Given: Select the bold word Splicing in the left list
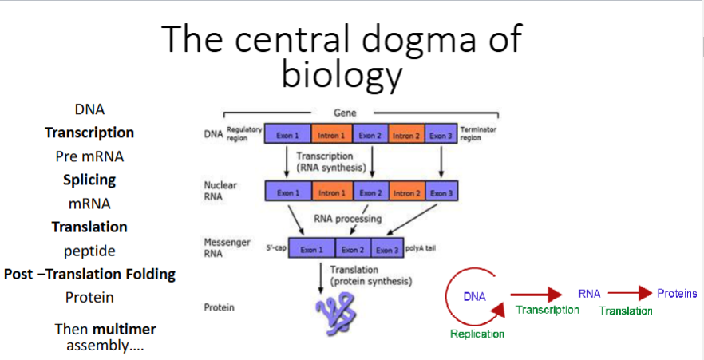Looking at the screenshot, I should point(89,180).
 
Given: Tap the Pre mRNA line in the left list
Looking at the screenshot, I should point(89,156).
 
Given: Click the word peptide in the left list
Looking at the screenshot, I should point(89,251).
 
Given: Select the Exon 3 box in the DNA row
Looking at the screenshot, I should point(441,136).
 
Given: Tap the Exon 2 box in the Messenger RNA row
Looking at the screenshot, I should point(352,250).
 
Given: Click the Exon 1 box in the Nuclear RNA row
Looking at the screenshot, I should point(288,192).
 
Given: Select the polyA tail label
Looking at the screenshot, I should point(421,249).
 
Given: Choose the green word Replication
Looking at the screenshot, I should point(477,334).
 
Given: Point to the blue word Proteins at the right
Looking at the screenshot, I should point(677,294).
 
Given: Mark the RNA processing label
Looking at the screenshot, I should point(347,218).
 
